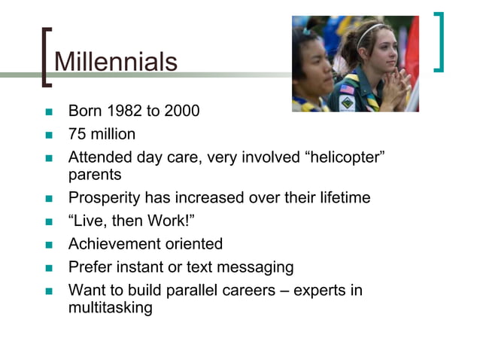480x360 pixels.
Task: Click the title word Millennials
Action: [117, 61]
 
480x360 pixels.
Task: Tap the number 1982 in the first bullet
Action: [123, 111]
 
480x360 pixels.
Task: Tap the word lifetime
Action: [339, 198]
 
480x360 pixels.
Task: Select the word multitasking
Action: [110, 307]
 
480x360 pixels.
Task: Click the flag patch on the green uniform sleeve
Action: [347, 89]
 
